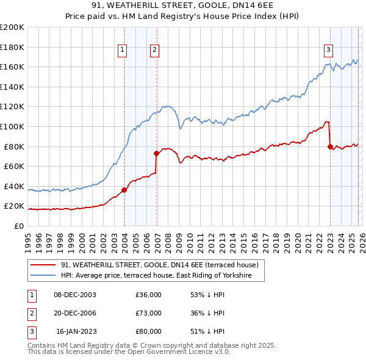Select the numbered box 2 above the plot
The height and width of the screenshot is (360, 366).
[x=155, y=50]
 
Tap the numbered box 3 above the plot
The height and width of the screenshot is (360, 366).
[x=329, y=50]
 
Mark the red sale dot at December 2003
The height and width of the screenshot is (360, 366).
[x=124, y=190]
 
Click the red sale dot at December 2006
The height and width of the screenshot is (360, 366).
[x=157, y=153]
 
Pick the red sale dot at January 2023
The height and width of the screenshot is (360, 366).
[x=330, y=146]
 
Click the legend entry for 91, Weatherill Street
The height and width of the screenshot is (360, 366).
[x=160, y=265]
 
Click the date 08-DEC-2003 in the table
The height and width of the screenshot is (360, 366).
[x=75, y=295]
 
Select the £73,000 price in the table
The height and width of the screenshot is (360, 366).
[x=148, y=313]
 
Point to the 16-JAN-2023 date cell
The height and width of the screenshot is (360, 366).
[x=75, y=331]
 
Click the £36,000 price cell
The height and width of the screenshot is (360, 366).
[x=148, y=295]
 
